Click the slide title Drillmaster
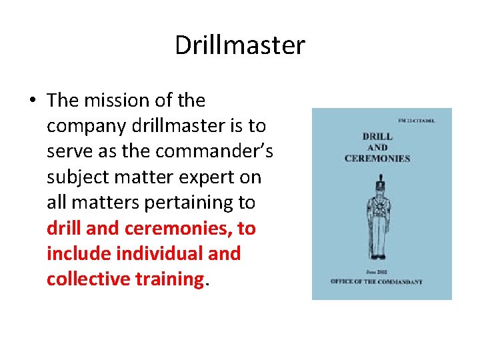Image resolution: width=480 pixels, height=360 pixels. [x=240, y=45]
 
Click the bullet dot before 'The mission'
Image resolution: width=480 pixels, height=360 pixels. [x=32, y=101]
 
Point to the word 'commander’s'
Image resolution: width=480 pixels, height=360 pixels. [x=214, y=151]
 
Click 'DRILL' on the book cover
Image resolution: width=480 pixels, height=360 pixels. [x=377, y=137]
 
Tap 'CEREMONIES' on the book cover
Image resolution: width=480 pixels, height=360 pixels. [x=377, y=158]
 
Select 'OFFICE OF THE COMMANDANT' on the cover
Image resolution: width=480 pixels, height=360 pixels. [x=378, y=281]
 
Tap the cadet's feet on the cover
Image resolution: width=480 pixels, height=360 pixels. [x=378, y=256]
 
